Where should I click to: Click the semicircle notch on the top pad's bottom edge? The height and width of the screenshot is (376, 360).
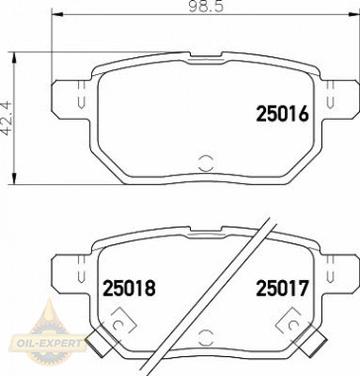[x=206, y=163]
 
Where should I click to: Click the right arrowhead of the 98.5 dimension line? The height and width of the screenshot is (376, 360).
[x=354, y=17]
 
